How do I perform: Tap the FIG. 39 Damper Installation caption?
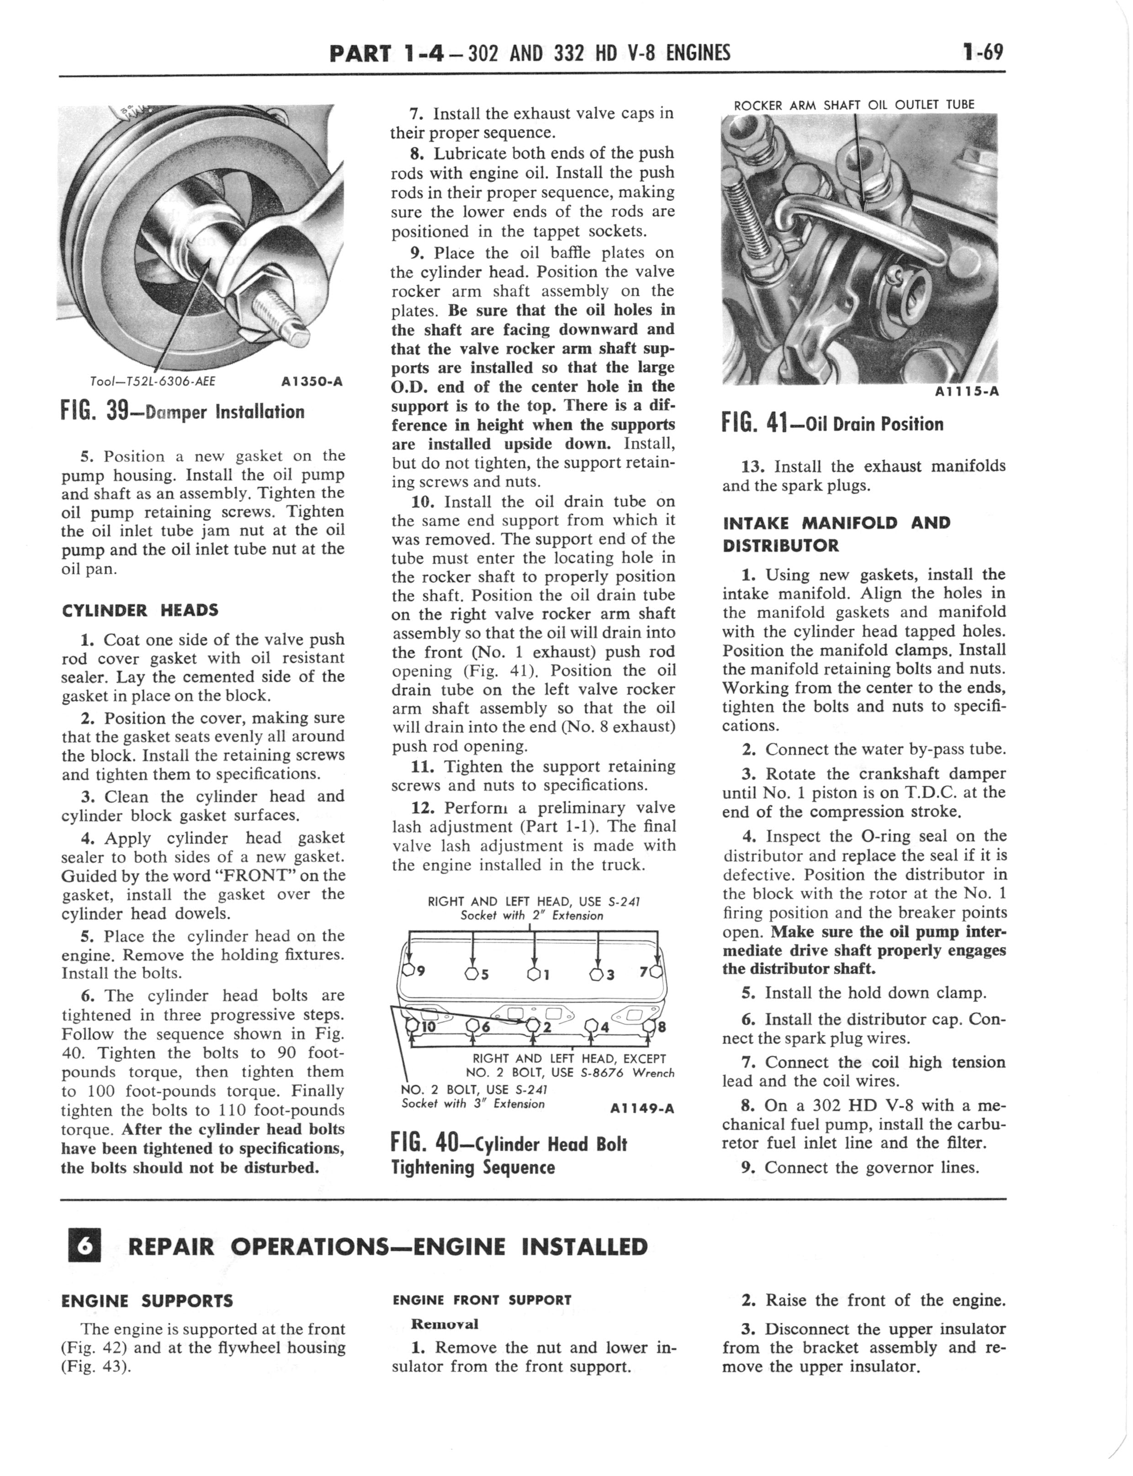click(x=183, y=411)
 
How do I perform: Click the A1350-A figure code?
click(x=311, y=381)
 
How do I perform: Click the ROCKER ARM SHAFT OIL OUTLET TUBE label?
click(x=854, y=105)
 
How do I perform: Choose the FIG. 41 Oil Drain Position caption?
click(x=832, y=424)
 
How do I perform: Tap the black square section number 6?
click(x=85, y=1247)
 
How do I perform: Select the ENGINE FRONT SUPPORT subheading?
click(x=482, y=1300)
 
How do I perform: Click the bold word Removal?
click(x=445, y=1323)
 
